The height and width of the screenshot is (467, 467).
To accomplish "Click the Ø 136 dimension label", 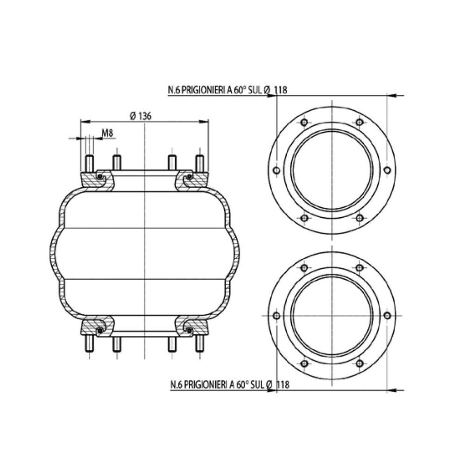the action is point(141,116).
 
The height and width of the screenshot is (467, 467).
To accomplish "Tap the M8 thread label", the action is point(107,133).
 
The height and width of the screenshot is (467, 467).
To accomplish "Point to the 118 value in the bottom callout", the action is point(283,384).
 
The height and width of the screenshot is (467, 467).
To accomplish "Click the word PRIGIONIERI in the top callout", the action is point(202,90).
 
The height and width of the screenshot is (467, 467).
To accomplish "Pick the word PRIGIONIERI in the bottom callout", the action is point(205,384).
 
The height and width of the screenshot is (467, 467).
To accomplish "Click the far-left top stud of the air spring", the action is point(89,163).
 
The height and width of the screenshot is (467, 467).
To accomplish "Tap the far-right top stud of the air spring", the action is point(199,163).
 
